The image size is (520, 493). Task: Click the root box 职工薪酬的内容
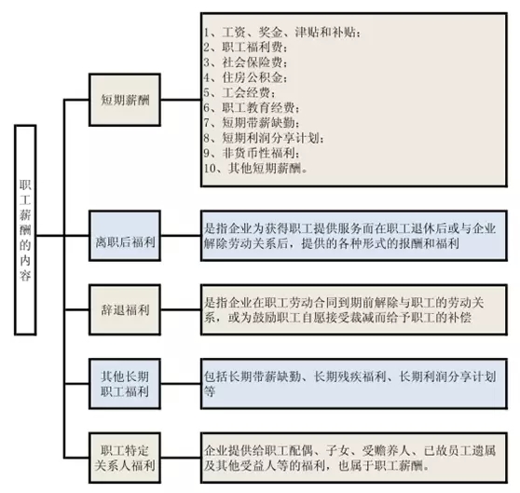click(x=25, y=230)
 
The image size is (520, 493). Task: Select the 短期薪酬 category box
click(x=125, y=100)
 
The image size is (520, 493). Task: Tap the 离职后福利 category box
click(x=125, y=236)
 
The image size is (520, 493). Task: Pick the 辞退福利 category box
click(x=125, y=309)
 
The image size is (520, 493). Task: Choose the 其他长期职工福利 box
click(x=125, y=384)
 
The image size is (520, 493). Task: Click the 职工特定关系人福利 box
click(x=125, y=458)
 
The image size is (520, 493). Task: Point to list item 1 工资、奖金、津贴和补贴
click(x=282, y=33)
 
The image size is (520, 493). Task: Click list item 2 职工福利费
click(x=245, y=48)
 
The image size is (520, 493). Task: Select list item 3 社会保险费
click(x=245, y=62)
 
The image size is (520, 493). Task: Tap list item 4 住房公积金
click(x=245, y=77)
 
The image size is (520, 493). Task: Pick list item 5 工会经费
click(x=239, y=92)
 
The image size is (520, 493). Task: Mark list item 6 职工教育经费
click(x=252, y=108)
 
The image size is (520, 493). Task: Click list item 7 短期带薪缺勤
click(x=252, y=123)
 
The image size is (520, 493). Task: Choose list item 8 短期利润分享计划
click(x=264, y=138)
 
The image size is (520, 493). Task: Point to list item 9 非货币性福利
click(x=252, y=153)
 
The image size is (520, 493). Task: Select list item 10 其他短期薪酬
click(x=255, y=168)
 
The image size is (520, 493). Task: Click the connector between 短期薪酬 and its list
click(x=181, y=99)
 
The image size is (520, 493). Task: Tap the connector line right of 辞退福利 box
click(x=181, y=309)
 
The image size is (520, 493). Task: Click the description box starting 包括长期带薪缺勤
click(x=354, y=384)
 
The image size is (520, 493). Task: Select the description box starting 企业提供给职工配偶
click(x=354, y=458)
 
